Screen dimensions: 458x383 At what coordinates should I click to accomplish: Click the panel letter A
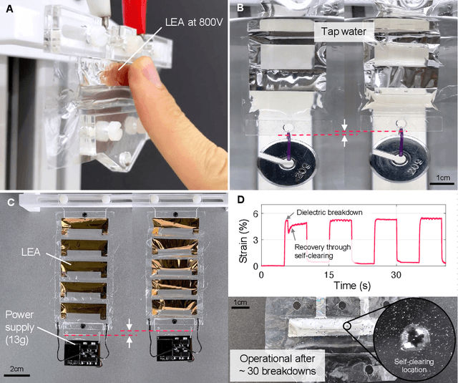point(9,9)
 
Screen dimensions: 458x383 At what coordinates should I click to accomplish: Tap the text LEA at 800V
point(194,22)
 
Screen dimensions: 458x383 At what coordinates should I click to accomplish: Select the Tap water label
point(343,31)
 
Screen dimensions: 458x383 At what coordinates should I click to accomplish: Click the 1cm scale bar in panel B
point(442,183)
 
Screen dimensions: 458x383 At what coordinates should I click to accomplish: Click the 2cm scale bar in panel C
point(16,375)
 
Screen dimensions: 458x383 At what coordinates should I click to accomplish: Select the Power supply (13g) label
point(19,327)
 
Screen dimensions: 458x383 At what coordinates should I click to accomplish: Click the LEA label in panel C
point(31,252)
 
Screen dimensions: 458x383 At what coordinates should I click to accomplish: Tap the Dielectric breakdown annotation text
point(329,212)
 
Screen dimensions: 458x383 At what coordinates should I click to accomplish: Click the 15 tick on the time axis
point(328,275)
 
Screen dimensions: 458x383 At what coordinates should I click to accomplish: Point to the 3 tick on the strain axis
point(256,240)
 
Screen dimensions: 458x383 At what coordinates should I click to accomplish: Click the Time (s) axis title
point(351,286)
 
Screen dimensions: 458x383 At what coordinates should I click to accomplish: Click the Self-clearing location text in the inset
point(414,366)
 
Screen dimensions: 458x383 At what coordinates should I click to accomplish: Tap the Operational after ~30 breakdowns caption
point(277,364)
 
